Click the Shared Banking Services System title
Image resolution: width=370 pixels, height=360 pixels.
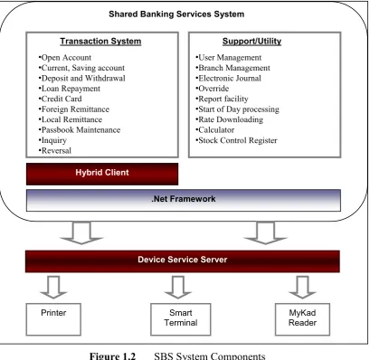coord(176,14)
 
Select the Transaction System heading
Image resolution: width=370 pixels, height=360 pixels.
coord(100,41)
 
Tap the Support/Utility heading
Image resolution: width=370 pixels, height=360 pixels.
coord(251,41)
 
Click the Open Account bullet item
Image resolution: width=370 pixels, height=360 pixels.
coord(65,57)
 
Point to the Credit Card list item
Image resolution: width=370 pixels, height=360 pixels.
coord(60,99)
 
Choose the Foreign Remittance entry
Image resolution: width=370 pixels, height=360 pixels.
coord(74,109)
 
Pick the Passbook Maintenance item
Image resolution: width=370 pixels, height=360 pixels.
coord(80,129)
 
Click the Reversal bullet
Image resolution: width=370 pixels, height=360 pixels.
coord(55,150)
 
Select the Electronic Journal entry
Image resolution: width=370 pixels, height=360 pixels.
coord(228,78)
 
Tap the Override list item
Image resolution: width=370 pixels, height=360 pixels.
coord(213,89)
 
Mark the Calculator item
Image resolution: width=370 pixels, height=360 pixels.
coord(215,129)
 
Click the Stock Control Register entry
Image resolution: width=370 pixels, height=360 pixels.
coord(236,140)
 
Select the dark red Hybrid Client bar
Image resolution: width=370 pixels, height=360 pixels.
coord(102,174)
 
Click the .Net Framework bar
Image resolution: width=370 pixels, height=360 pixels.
coord(184,200)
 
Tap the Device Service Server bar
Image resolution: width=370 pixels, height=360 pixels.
coord(183,261)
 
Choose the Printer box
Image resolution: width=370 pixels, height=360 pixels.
coord(53,319)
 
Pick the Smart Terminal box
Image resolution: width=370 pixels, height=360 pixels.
coord(181,319)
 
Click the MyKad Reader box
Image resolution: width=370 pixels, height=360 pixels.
coord(302,319)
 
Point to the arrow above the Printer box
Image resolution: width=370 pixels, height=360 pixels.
coord(53,288)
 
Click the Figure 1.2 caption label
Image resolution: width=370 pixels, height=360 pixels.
coord(112,355)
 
